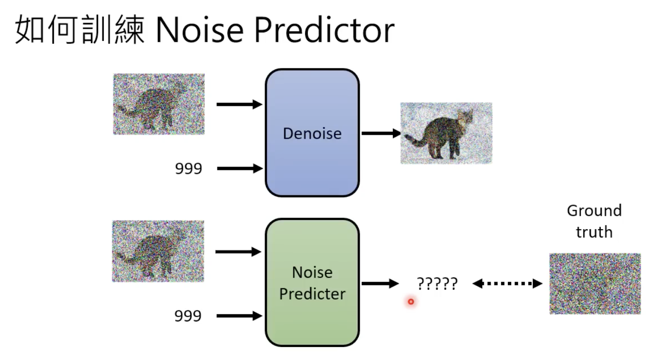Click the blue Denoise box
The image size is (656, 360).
pos(312,133)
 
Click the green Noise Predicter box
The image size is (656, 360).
pos(312,283)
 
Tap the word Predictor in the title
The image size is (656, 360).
pos(324,31)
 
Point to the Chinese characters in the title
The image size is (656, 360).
pos(80,31)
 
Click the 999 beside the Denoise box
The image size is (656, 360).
pos(189,168)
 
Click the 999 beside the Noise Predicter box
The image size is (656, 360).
pos(189,316)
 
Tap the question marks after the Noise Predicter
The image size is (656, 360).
pos(437,284)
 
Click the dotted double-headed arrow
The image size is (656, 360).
pos(507,284)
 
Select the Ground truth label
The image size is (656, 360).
pos(594,221)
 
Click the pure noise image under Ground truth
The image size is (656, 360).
pos(595,284)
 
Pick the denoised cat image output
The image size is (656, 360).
pos(446,133)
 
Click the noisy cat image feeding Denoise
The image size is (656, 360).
pos(159,104)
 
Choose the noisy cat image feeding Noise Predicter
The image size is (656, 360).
pos(158,251)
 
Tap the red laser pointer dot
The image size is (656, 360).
pos(411,302)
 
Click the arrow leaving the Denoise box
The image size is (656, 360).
pos(381,133)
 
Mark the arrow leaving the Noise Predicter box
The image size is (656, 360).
pos(380,284)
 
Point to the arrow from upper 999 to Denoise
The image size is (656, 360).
pos(240,168)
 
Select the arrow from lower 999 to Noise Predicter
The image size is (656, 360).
pos(239,316)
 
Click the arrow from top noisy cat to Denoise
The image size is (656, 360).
pos(239,104)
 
